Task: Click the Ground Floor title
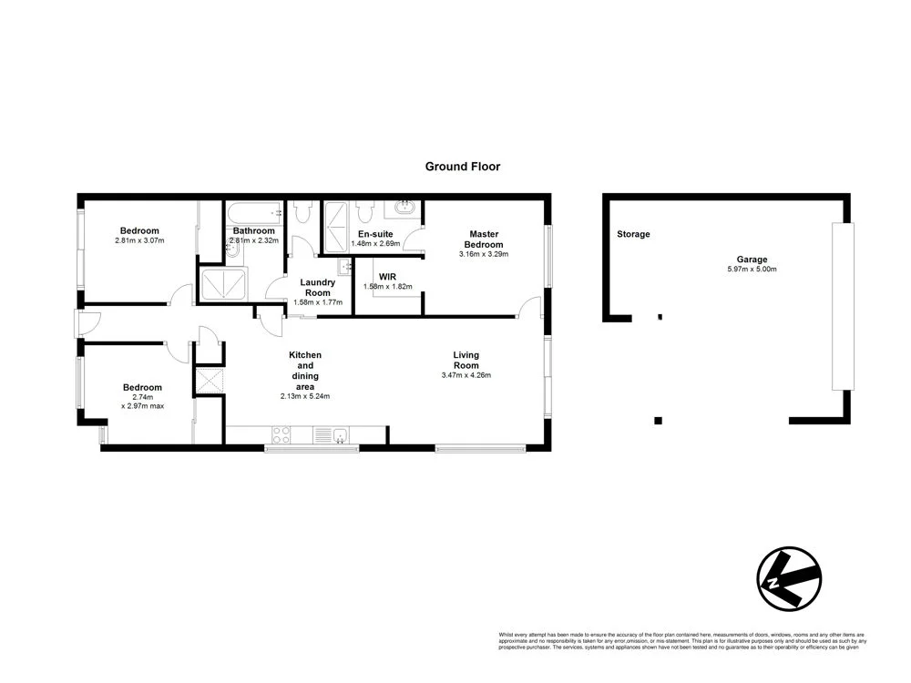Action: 463,167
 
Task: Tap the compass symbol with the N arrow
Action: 788,578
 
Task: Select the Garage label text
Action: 752,260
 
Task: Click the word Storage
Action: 633,234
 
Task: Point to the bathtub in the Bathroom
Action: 254,214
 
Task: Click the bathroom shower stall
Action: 223,285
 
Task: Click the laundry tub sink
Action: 345,267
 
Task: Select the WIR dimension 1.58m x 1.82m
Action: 387,287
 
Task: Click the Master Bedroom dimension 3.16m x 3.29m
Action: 484,254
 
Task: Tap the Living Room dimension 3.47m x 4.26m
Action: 466,374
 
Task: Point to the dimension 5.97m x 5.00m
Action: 752,270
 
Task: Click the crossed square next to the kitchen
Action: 209,380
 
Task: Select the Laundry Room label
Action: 318,287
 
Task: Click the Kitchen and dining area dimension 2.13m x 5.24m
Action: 304,396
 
